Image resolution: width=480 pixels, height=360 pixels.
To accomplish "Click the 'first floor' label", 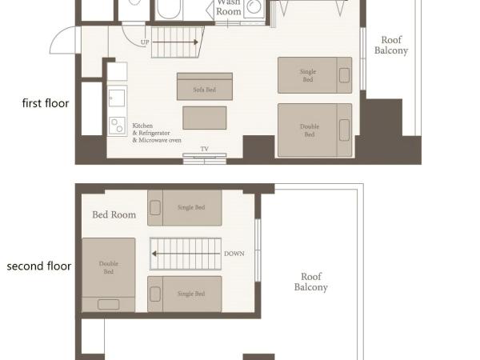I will click(x=45, y=103).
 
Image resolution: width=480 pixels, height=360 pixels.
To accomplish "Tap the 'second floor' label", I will click(x=39, y=266).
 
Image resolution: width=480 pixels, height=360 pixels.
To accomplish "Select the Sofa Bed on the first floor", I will click(x=205, y=87).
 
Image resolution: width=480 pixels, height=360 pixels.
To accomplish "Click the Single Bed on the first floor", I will click(x=314, y=75).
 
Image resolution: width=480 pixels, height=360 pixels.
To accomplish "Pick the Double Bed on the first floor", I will click(x=314, y=130).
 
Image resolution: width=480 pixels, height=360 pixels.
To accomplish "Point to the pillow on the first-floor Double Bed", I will click(x=345, y=130).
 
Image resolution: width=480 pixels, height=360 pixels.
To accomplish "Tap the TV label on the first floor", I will click(x=204, y=149).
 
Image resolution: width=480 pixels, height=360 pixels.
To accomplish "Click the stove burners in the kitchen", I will click(x=117, y=126).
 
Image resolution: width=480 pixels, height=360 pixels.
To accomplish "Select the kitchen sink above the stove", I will click(x=117, y=98).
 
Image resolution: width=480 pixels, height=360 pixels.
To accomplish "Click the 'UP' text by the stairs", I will click(x=145, y=42).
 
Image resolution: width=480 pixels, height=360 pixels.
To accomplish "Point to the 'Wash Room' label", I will click(x=228, y=7).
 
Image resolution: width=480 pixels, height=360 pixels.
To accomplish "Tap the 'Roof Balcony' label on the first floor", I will click(x=391, y=46).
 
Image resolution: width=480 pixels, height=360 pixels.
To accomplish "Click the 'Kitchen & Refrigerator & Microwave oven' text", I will click(x=156, y=133).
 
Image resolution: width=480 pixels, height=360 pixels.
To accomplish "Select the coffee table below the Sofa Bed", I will click(x=205, y=118).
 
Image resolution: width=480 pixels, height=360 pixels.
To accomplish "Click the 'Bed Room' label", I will click(x=114, y=214).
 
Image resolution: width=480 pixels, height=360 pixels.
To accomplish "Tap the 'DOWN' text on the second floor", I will click(x=234, y=254).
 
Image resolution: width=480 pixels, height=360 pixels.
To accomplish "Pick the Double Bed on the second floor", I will click(x=108, y=273).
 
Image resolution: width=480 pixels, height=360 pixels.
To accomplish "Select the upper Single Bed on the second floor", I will click(x=185, y=207).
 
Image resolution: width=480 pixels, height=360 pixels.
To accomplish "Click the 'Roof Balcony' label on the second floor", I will click(x=310, y=282).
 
